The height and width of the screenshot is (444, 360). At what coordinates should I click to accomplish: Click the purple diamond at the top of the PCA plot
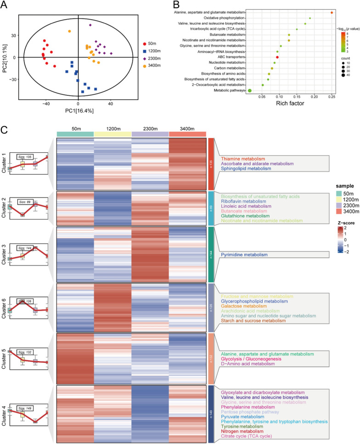(90, 25)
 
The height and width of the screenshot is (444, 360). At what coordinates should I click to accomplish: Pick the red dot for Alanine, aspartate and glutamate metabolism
(332, 12)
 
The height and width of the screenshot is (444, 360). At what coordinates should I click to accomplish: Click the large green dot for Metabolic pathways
(250, 90)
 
